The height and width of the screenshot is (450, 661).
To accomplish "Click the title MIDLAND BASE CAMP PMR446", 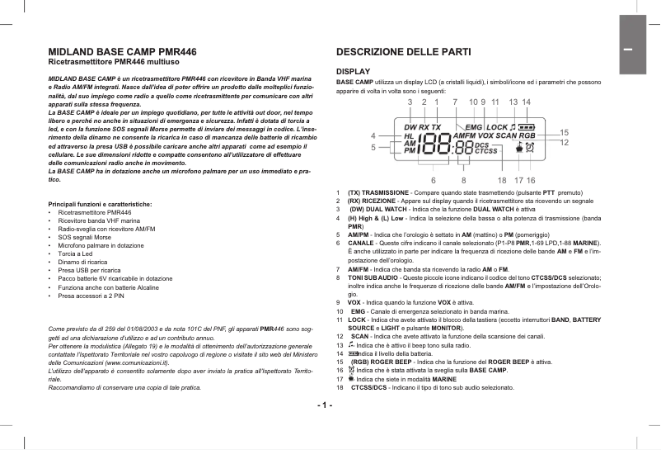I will [123, 51].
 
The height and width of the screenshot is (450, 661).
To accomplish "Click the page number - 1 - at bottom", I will [324, 405].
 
